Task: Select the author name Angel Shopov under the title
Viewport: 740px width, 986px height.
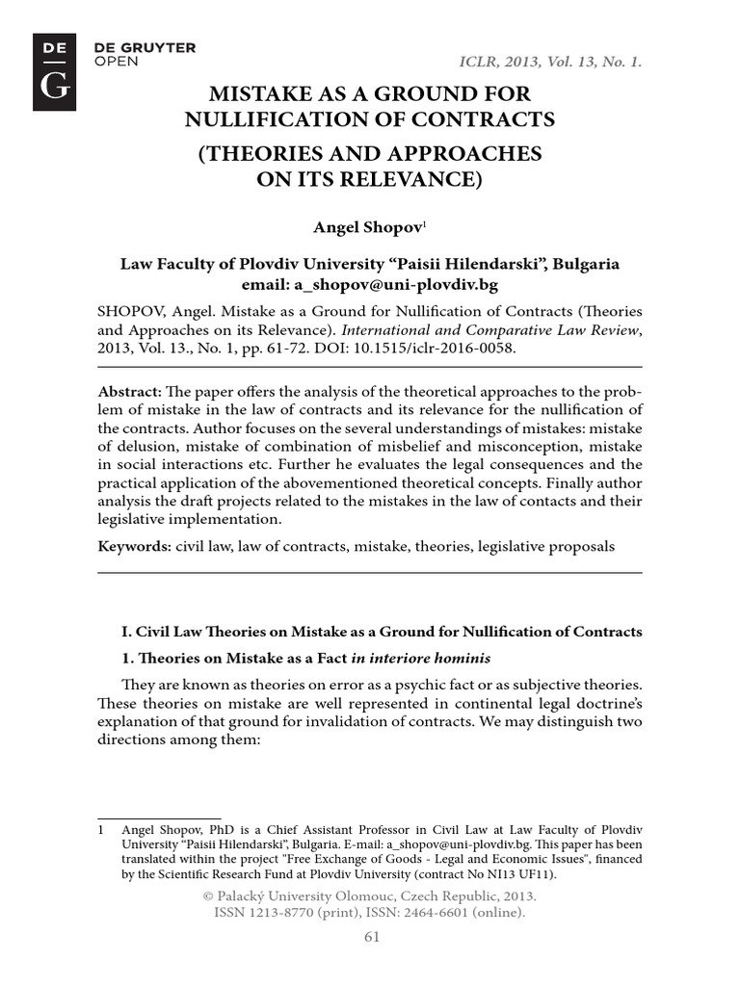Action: click(352, 226)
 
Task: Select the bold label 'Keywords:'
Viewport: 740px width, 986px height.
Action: click(134, 546)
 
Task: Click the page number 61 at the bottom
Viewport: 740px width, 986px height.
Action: click(371, 937)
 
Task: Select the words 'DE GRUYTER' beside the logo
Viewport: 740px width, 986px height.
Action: click(145, 47)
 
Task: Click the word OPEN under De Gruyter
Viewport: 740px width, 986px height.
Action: click(117, 61)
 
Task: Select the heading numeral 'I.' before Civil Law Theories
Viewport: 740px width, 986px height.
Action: click(125, 632)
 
